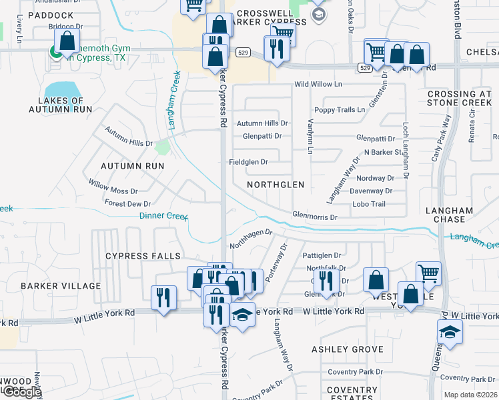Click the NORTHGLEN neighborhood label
click(276, 184)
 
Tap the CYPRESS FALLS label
click(142, 256)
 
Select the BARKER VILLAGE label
click(61, 286)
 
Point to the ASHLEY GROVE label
click(348, 349)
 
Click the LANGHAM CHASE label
click(450, 215)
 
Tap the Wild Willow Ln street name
click(318, 85)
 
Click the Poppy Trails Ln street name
click(340, 109)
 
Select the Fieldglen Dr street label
click(248, 162)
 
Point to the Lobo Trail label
click(369, 204)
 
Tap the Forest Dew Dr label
click(127, 204)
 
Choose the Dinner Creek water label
click(163, 215)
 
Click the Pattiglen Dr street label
click(322, 255)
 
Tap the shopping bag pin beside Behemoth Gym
click(67, 41)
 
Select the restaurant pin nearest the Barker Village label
click(163, 299)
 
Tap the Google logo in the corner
click(21, 392)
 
